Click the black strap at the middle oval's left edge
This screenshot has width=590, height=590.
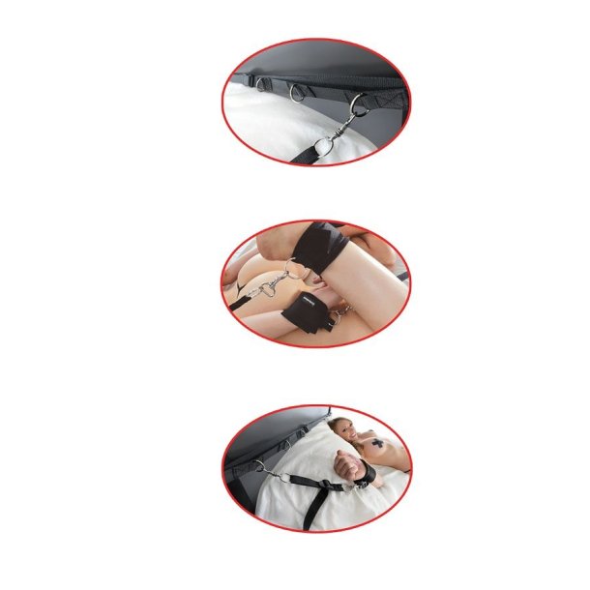pyautogui.click(x=238, y=303)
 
